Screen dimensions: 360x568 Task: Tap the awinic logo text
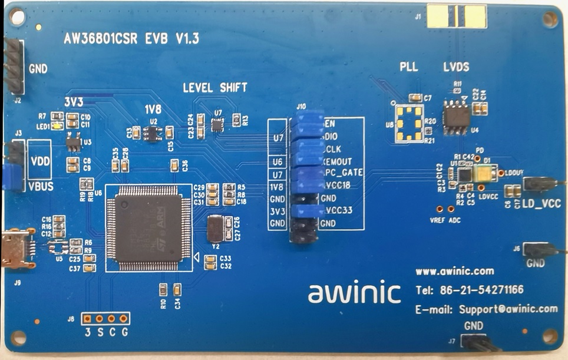pos(354,292)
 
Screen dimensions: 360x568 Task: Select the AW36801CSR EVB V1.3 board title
pos(131,39)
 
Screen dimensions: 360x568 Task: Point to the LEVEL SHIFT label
pos(214,88)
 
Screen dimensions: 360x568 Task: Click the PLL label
pos(408,67)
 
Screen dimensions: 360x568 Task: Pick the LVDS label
pos(456,67)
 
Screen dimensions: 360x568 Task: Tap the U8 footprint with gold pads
pos(408,124)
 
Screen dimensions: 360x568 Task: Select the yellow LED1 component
pos(57,125)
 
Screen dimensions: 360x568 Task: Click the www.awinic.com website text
pos(454,272)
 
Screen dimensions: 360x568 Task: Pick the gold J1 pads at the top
pos(457,16)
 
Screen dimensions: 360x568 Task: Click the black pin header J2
pos(15,67)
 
